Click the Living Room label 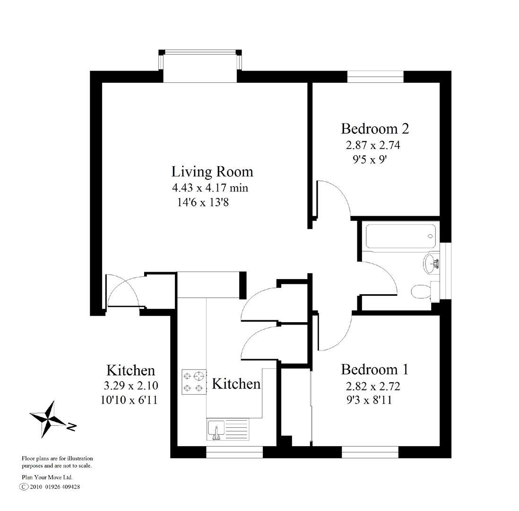pyautogui.click(x=212, y=171)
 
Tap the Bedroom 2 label pyautogui.click(x=375, y=129)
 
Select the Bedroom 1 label pyautogui.click(x=374, y=369)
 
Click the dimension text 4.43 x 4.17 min pyautogui.click(x=210, y=188)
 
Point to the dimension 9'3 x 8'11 pyautogui.click(x=369, y=400)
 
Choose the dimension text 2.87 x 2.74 pyautogui.click(x=373, y=145)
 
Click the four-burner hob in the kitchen pyautogui.click(x=194, y=382)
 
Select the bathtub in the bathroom pyautogui.click(x=400, y=236)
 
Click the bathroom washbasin pyautogui.click(x=431, y=263)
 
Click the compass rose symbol pyautogui.click(x=48, y=418)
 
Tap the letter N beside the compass pyautogui.click(x=72, y=427)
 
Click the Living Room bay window pyautogui.click(x=200, y=66)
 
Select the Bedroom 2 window pyautogui.click(x=375, y=76)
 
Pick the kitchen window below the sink pyautogui.click(x=234, y=453)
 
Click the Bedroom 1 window pyautogui.click(x=370, y=453)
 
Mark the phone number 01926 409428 pyautogui.click(x=62, y=486)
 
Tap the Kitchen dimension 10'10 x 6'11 pyautogui.click(x=129, y=400)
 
